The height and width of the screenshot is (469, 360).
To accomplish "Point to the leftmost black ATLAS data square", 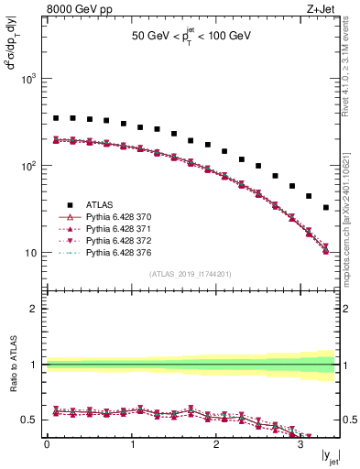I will coord(56,118).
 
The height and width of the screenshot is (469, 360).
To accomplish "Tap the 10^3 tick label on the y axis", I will coord(30,79).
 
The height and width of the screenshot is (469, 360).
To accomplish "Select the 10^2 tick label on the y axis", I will coord(30,166).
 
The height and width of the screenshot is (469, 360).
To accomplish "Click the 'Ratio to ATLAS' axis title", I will coord(12,364).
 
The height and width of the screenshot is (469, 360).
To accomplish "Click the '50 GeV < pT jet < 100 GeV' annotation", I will coord(191,36).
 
